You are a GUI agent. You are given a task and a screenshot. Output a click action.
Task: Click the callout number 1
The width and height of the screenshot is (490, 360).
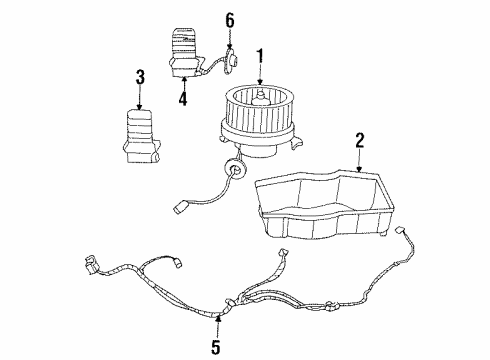[x=260, y=55]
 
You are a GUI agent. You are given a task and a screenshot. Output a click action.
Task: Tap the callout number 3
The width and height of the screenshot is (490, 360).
[x=140, y=75]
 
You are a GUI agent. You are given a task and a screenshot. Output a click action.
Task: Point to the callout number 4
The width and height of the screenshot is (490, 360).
[x=183, y=98]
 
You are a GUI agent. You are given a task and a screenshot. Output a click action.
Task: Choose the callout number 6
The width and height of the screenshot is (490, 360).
[x=229, y=20]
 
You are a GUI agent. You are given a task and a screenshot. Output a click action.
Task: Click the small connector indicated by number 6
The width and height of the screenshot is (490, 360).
[x=228, y=62]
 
